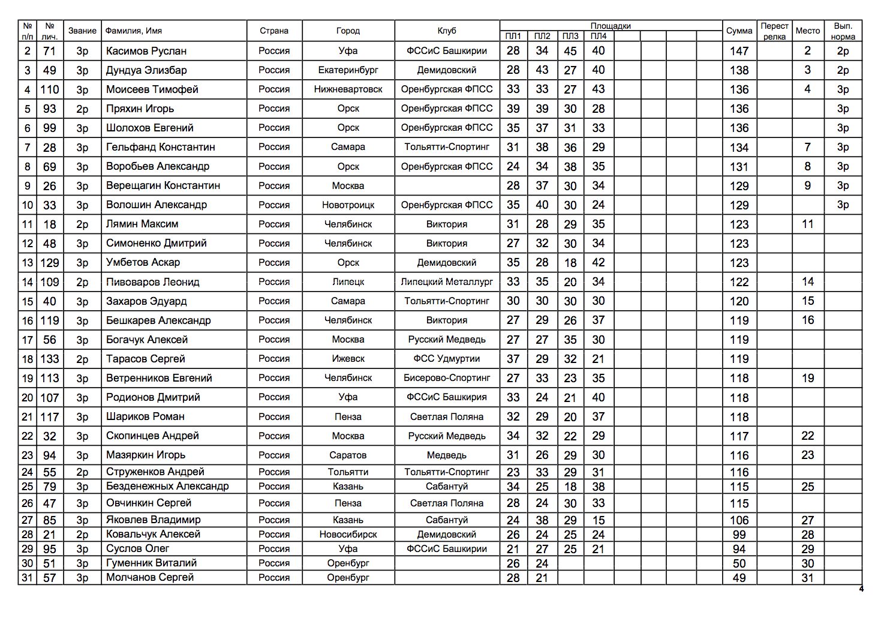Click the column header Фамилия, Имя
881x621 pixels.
pyautogui.click(x=134, y=31)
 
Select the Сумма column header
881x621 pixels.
pyautogui.click(x=739, y=31)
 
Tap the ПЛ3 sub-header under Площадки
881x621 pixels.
pyautogui.click(x=570, y=36)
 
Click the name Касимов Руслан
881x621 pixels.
pyautogui.click(x=146, y=51)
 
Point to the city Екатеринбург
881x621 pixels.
pyautogui.click(x=348, y=70)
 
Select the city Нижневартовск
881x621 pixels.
pyautogui.click(x=348, y=89)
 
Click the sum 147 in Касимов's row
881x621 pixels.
pyautogui.click(x=739, y=51)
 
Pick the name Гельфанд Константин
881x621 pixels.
pyautogui.click(x=160, y=147)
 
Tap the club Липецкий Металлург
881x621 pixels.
pyautogui.click(x=447, y=282)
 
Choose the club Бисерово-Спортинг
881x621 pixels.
pyautogui.click(x=447, y=378)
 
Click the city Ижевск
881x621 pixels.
pyautogui.click(x=348, y=359)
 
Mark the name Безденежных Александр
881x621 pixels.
pyautogui.click(x=167, y=486)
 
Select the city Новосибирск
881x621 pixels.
pyautogui.click(x=348, y=534)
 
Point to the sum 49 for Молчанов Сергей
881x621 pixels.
pyautogui.click(x=739, y=578)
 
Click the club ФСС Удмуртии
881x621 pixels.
pyautogui.click(x=447, y=359)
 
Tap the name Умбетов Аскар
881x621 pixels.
pyautogui.click(x=143, y=262)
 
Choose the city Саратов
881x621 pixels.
pyautogui.click(x=348, y=455)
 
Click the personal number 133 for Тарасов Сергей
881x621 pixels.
pyautogui.click(x=50, y=359)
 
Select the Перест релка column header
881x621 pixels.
pyautogui.click(x=774, y=31)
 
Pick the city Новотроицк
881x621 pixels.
pyautogui.click(x=348, y=205)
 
